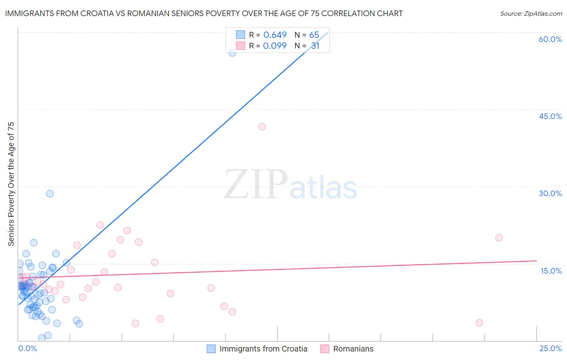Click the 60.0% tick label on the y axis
click(550, 39)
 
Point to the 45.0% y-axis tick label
click(550, 116)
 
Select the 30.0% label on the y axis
click(550, 193)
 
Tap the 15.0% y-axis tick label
click(551, 271)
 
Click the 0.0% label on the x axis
click(27, 348)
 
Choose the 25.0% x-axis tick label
click(550, 348)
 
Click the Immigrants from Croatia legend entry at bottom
click(263, 349)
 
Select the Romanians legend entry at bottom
click(353, 349)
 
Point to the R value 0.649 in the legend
click(275, 35)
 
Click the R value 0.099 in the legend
click(275, 46)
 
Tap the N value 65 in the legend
click(314, 35)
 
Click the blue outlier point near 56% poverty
click(232, 53)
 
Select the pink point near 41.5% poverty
click(262, 127)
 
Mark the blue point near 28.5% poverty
click(50, 194)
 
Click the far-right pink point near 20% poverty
click(499, 238)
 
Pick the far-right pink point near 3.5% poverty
click(479, 323)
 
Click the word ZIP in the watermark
click(256, 184)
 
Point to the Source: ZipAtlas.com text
click(531, 14)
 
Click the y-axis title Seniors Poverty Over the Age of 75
click(11, 184)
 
